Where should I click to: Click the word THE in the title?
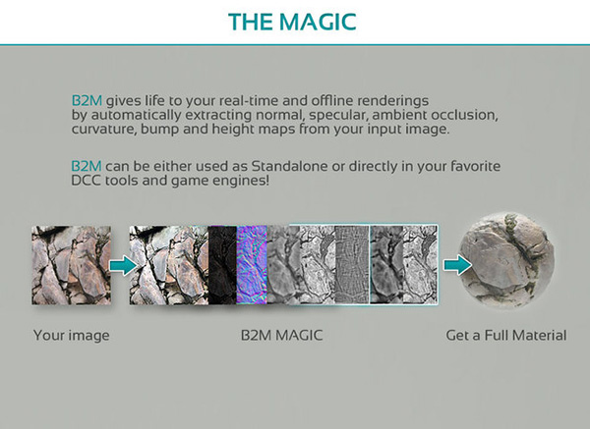point(249,21)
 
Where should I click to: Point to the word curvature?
point(109,132)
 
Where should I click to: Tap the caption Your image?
point(71,336)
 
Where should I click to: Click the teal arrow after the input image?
point(119,264)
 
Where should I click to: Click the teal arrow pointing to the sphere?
point(455,264)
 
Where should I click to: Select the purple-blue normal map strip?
point(251,265)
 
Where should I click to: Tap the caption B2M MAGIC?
point(282,336)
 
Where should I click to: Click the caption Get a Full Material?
point(506,336)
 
